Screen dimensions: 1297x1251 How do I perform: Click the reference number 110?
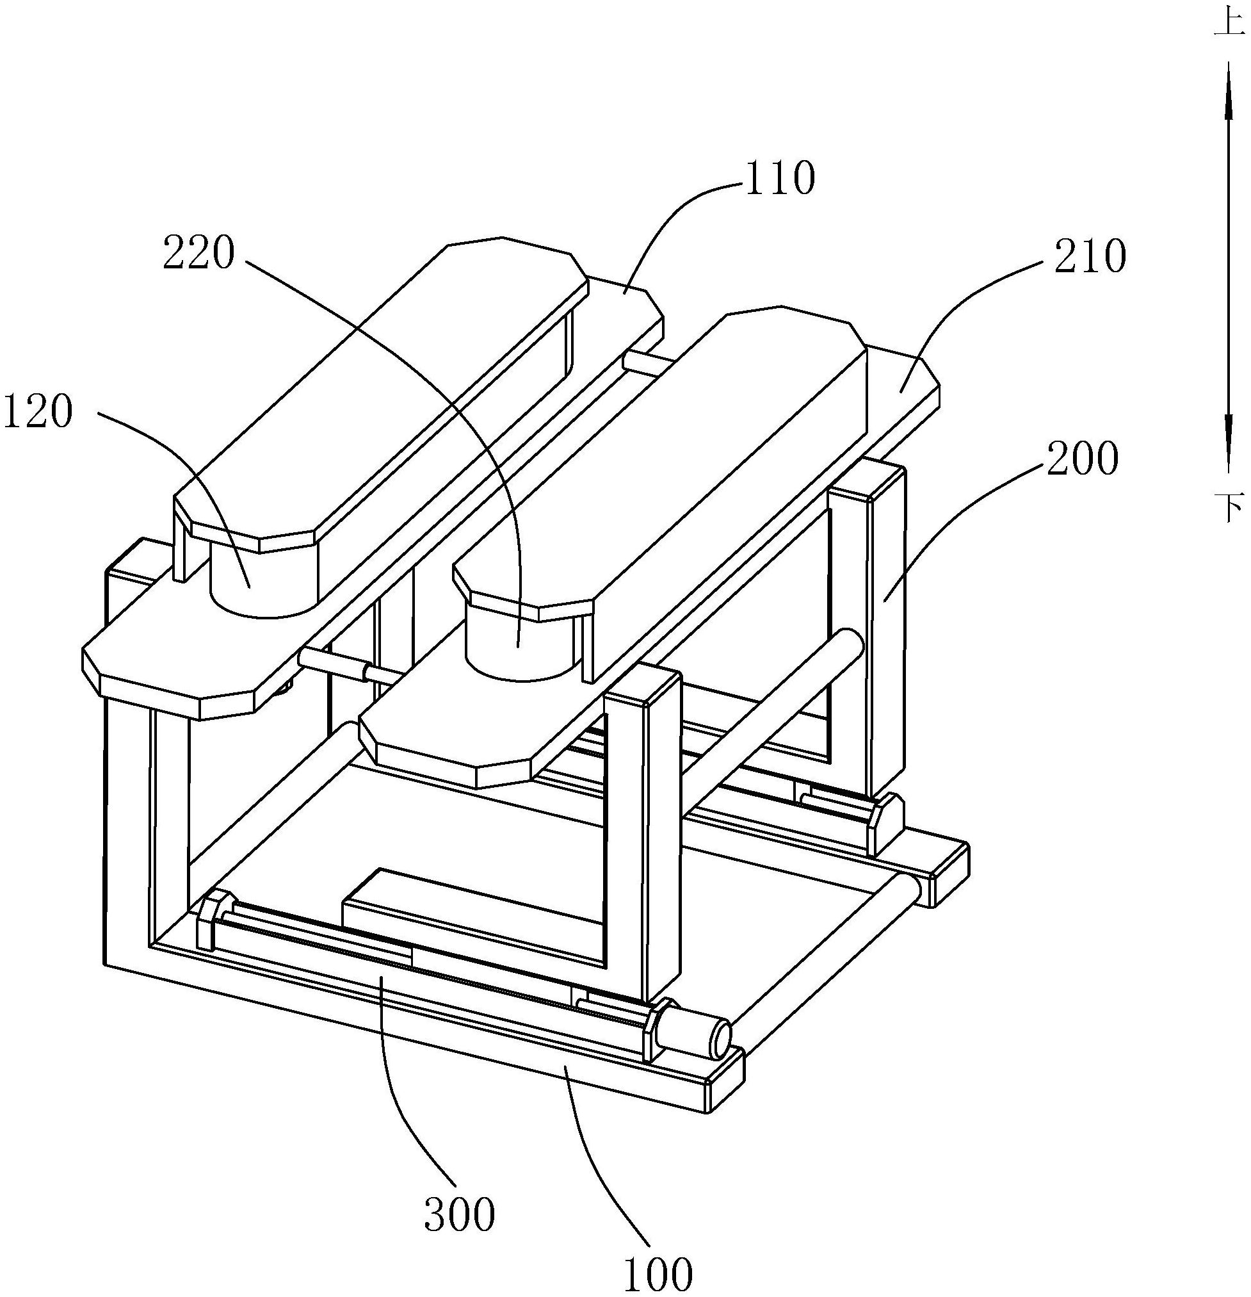pos(779,180)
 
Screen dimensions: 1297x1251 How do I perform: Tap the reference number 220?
pos(198,256)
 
